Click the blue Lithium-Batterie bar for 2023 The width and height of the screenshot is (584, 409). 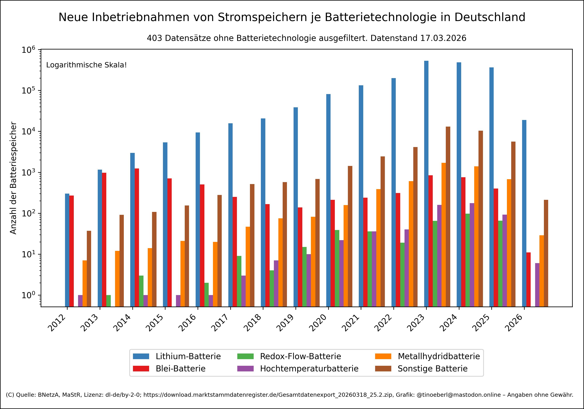point(426,183)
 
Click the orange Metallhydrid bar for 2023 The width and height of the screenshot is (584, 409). point(444,234)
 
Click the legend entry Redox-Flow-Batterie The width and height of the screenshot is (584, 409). point(300,356)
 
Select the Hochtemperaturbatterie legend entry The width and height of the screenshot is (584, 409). point(309,368)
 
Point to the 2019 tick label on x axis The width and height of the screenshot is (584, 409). point(285,323)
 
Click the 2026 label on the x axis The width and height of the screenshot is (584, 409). point(514,323)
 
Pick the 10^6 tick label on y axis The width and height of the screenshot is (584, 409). point(28,50)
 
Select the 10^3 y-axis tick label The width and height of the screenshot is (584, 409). point(28,173)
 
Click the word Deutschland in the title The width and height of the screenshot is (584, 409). point(490,17)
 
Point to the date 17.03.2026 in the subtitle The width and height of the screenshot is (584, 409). point(443,38)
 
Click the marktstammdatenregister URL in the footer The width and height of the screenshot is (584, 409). point(268,395)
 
